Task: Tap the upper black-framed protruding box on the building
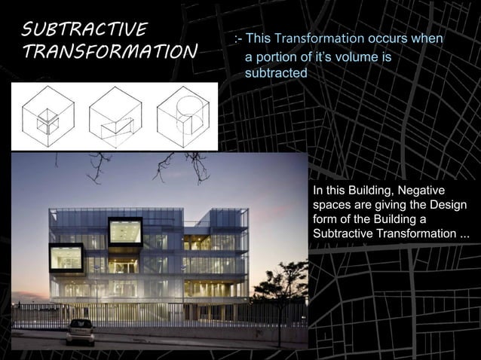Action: pyautogui.click(x=125, y=230)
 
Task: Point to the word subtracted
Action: pyautogui.click(x=275, y=73)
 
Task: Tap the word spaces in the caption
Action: pyautogui.click(x=330, y=204)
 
